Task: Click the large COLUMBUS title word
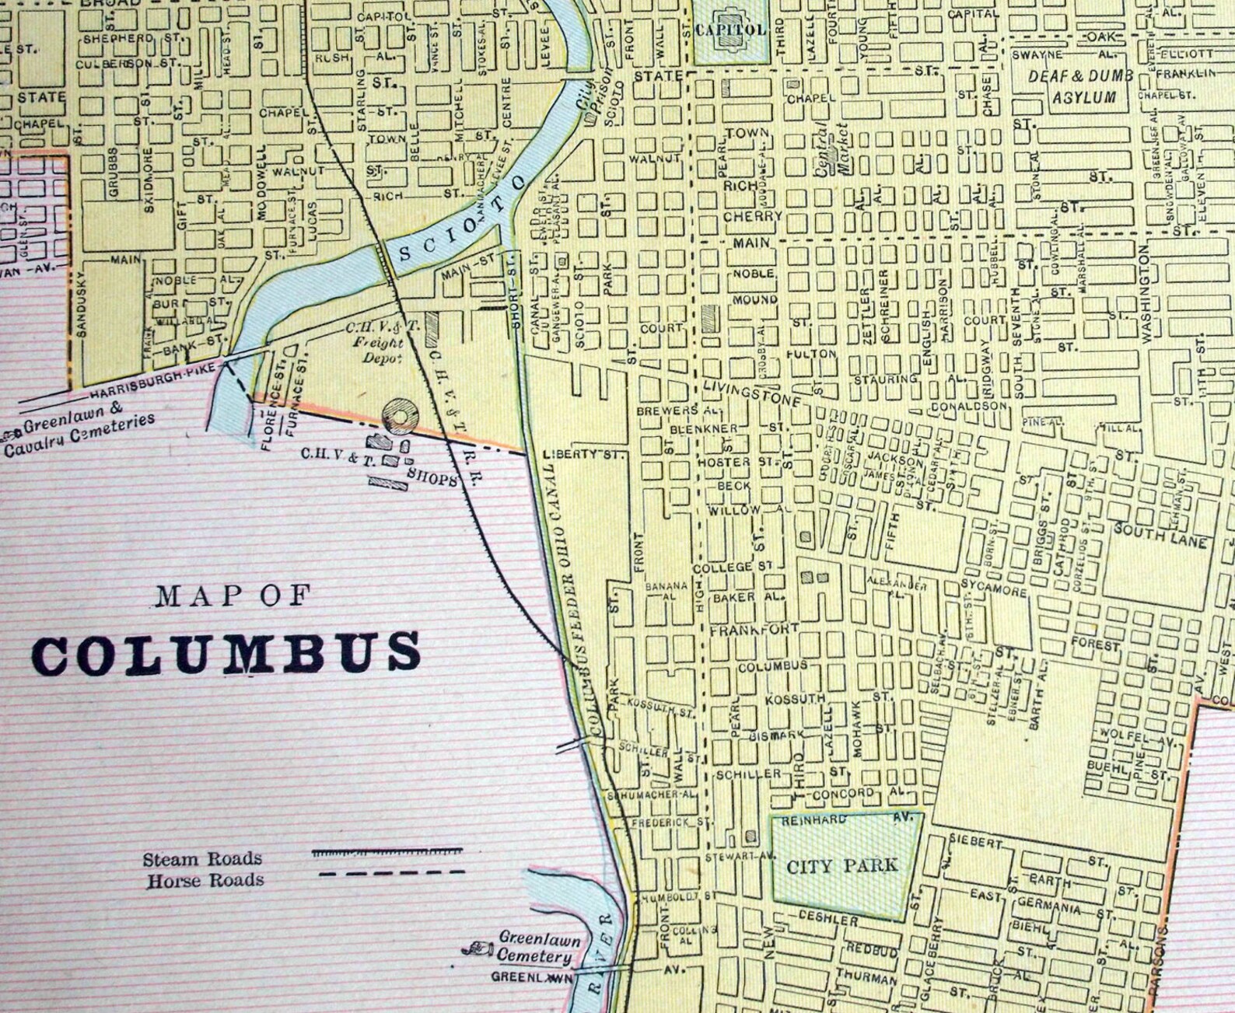coord(226,653)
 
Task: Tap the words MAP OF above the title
coord(233,596)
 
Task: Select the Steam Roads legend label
coord(202,859)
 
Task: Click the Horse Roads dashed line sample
coord(392,874)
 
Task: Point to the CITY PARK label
coord(842,865)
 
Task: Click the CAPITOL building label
coord(731,30)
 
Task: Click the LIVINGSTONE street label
coord(750,393)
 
